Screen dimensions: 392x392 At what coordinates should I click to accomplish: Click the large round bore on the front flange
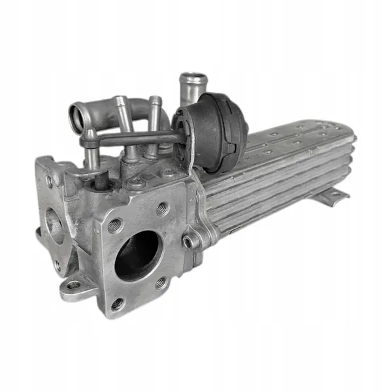point(138,255)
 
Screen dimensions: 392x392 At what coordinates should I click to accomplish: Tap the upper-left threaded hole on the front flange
point(115,225)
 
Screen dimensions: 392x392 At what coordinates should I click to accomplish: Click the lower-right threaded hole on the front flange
point(161,282)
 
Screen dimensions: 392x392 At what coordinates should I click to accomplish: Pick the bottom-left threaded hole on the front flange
point(117,304)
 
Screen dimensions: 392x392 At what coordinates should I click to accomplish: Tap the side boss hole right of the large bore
point(189,242)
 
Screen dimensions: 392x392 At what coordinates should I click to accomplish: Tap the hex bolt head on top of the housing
point(136,184)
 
